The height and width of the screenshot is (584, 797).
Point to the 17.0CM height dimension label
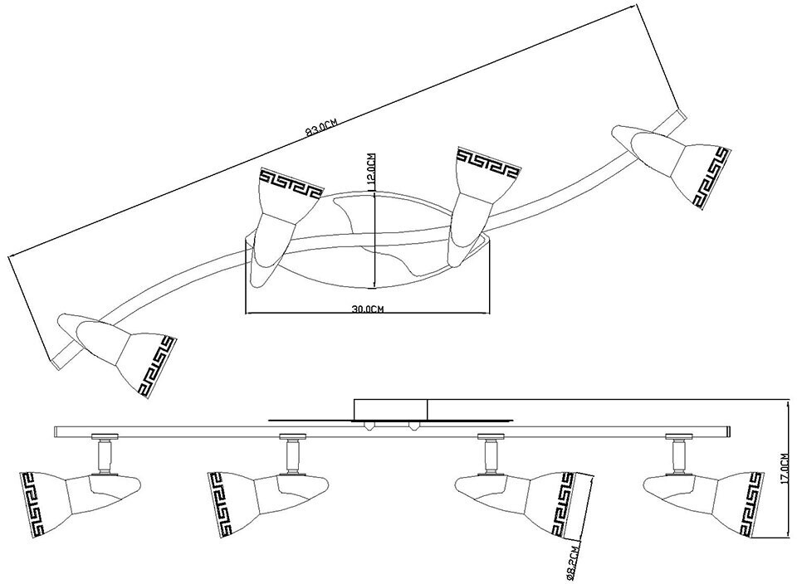click(785, 469)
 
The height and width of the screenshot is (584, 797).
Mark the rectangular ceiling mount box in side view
click(390, 410)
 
